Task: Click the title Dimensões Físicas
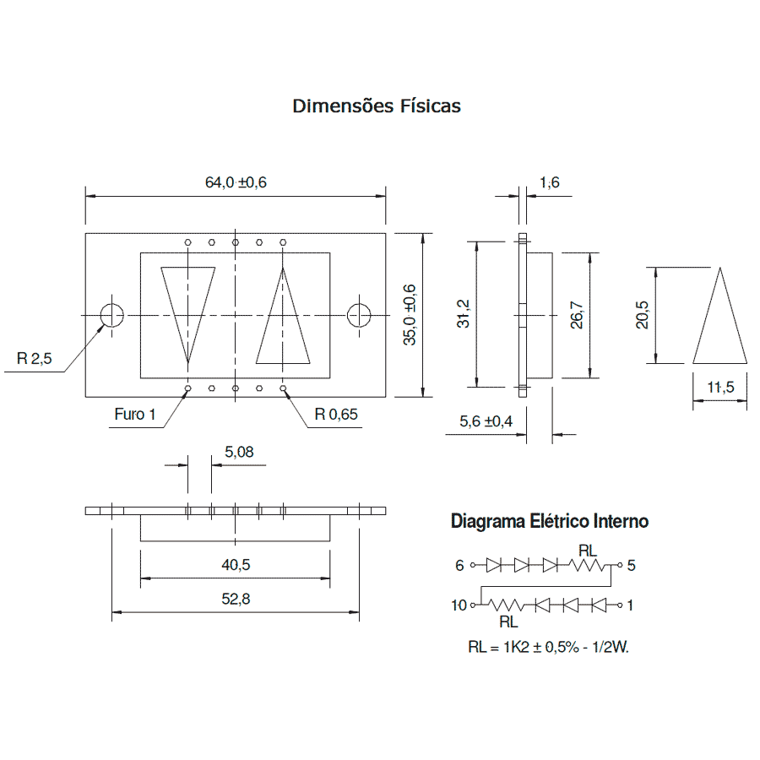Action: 377,106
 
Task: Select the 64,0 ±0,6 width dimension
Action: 236,182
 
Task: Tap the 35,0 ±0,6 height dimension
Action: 410,315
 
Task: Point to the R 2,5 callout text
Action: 35,359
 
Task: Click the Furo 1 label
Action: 135,415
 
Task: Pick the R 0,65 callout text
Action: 336,415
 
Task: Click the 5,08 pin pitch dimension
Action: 239,453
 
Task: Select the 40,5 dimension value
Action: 236,565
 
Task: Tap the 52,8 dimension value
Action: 236,599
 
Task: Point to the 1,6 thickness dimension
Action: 550,182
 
